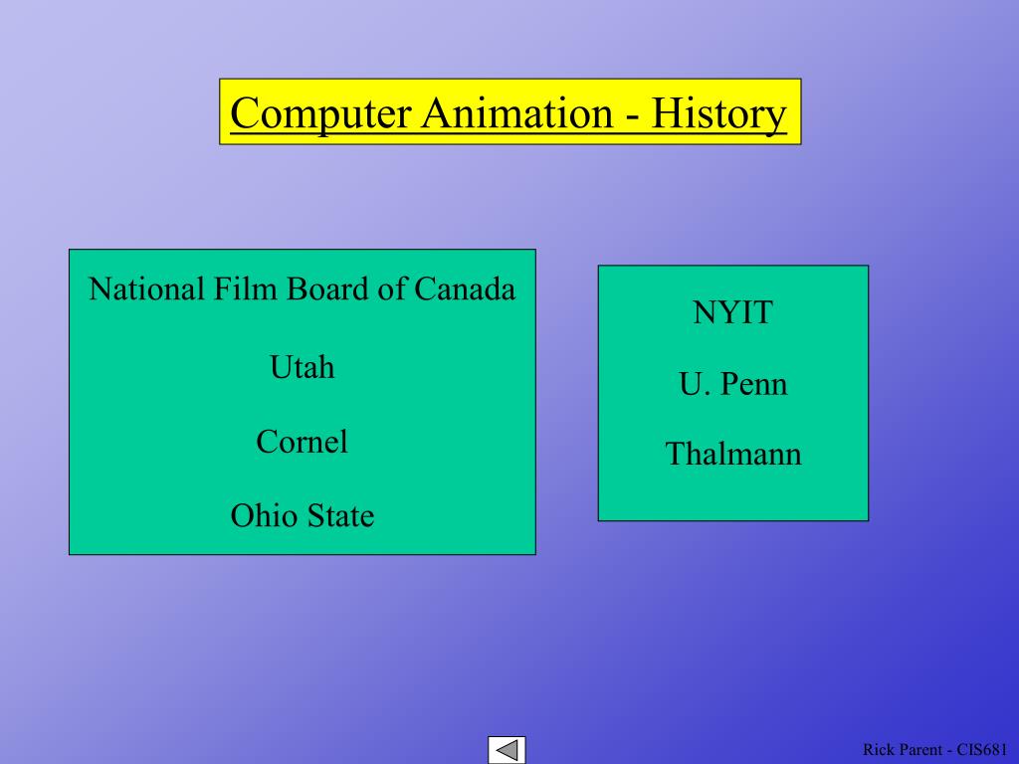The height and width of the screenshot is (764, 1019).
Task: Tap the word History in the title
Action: [719, 113]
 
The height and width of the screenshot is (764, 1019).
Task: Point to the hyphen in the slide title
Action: [632, 115]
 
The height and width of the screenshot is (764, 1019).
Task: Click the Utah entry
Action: [302, 367]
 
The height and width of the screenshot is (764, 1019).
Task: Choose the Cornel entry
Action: [302, 441]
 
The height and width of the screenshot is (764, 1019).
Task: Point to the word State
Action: [340, 515]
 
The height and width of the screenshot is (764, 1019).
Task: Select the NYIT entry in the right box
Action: [732, 312]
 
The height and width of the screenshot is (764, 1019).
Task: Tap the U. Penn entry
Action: [732, 384]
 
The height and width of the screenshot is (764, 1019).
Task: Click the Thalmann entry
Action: [732, 455]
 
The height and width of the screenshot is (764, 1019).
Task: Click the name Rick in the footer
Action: [878, 749]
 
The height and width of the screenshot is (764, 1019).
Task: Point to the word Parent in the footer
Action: [919, 749]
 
